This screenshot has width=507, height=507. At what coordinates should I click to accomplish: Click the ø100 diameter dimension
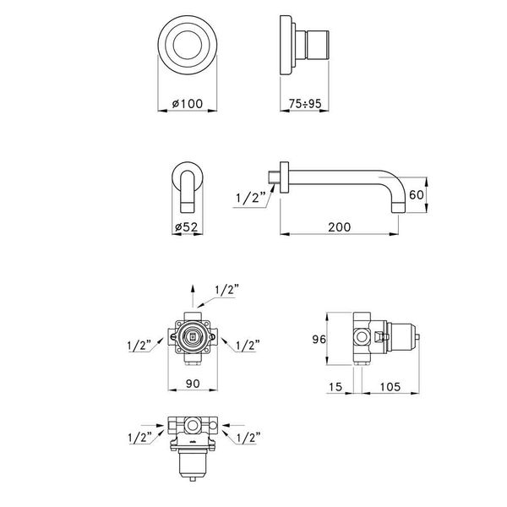click(188, 104)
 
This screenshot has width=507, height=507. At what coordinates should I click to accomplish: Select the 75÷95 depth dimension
click(305, 104)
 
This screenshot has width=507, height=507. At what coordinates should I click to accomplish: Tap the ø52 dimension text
click(186, 227)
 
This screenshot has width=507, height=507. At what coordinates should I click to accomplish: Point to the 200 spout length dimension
click(339, 227)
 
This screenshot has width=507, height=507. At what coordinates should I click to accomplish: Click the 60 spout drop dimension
click(416, 195)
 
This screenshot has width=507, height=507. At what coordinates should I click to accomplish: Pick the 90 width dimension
click(193, 384)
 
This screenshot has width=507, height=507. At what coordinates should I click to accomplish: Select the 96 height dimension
click(319, 339)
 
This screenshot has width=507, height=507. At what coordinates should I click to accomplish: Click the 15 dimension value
click(335, 387)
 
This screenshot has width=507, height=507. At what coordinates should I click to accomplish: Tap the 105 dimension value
click(390, 387)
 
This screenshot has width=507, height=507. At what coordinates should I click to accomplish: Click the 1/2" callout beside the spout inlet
click(250, 198)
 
